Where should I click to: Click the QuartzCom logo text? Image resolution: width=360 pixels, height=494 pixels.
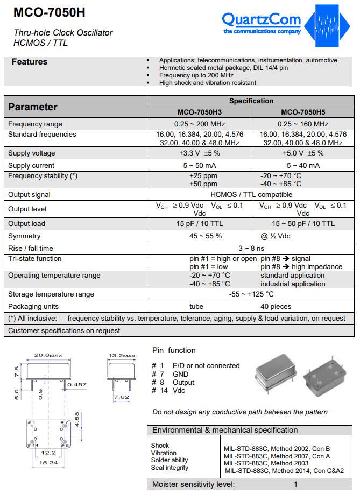pos(262,20)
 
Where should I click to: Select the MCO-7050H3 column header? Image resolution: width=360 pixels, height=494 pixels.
pos(199,112)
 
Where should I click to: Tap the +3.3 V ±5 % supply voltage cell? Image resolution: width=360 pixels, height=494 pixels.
pos(199,153)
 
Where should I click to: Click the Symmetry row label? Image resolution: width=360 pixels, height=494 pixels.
pos(24,236)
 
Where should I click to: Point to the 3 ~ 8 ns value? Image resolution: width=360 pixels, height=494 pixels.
pos(251,248)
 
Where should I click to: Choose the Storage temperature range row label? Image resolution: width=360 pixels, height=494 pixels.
pos(51,294)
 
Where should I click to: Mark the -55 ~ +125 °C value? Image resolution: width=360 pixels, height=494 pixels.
pos(251,294)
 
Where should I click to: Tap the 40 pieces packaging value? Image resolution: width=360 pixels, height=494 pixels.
pos(276,306)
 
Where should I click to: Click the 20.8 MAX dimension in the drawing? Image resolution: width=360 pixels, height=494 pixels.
pos(48,355)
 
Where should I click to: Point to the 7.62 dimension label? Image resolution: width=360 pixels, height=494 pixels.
pos(122,397)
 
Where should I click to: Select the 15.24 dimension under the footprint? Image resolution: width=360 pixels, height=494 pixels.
pos(48,462)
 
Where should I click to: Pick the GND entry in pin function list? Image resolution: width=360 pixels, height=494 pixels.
pos(180,374)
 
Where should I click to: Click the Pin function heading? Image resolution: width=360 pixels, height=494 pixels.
pos(174,350)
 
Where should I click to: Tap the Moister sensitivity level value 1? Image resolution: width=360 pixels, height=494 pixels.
pos(295,484)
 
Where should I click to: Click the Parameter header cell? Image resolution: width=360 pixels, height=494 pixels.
pos(33,107)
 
